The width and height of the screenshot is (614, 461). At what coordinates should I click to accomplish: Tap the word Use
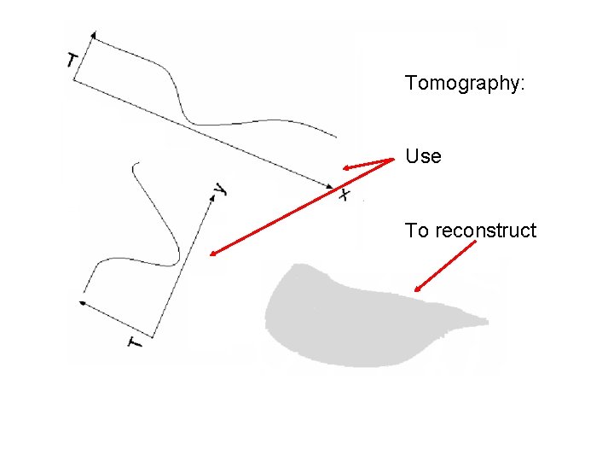point(423,157)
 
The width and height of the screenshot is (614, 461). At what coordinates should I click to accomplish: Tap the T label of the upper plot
point(72,60)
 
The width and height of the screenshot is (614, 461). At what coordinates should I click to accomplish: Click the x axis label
point(344,195)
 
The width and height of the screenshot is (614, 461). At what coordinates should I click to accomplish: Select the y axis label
point(221,189)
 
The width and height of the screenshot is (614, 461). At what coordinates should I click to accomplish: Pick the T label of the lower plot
point(136,342)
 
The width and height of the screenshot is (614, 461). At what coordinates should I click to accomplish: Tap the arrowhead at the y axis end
point(211,195)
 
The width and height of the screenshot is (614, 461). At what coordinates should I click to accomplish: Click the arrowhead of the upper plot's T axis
point(92,33)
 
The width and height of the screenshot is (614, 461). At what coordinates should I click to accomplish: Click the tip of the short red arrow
point(343,168)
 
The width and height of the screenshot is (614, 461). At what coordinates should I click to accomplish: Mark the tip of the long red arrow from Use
point(211,254)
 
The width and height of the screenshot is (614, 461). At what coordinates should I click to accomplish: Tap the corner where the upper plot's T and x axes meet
point(73,81)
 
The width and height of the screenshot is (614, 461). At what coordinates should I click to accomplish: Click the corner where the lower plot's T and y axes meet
point(153,335)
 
